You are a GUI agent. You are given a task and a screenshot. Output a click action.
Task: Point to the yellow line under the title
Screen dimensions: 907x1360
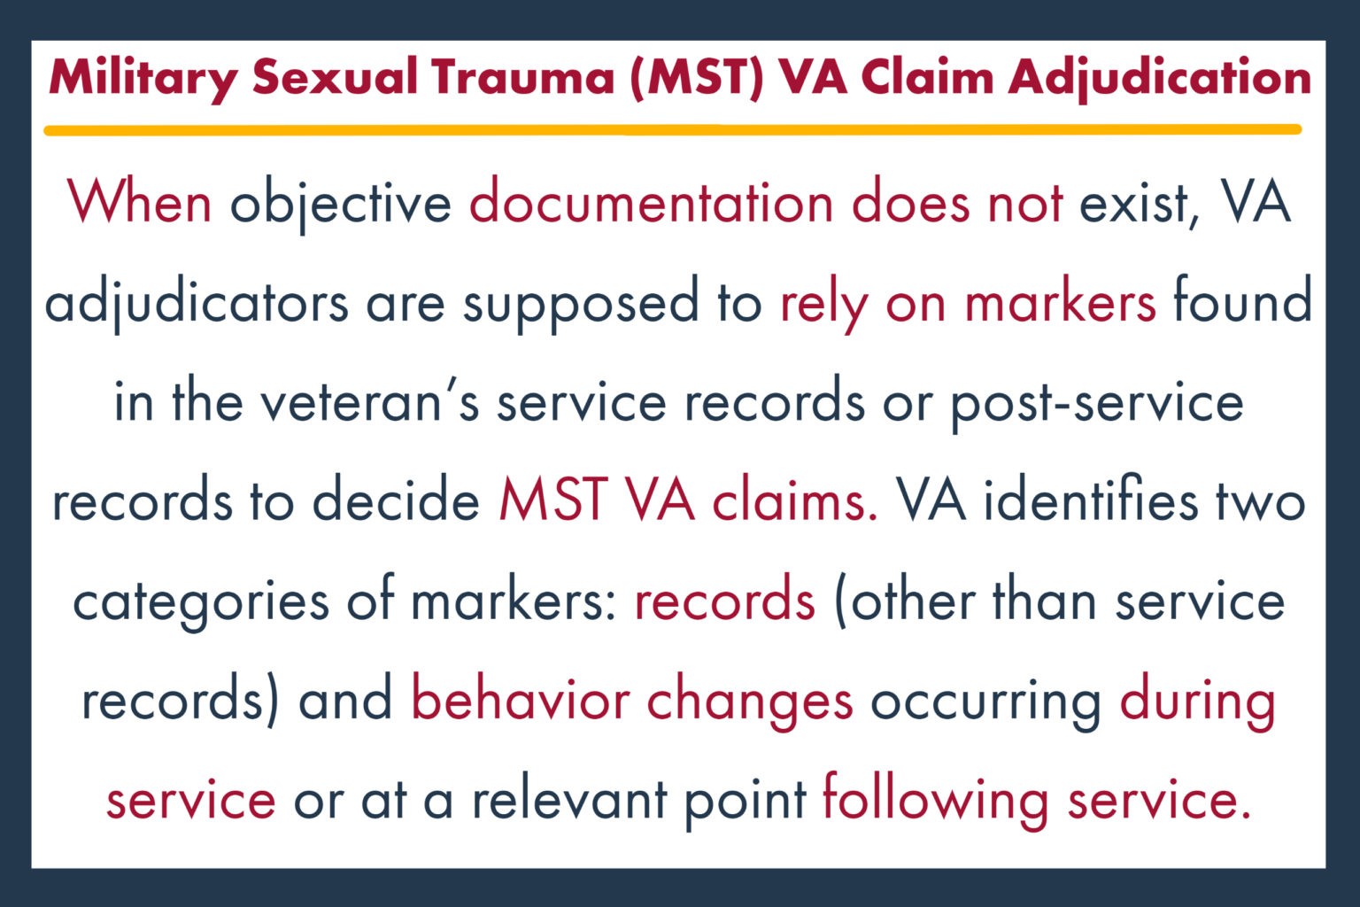(673, 130)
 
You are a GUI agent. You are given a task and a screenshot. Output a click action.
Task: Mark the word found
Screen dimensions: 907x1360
(1242, 302)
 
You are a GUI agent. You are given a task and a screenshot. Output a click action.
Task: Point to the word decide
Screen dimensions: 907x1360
(396, 501)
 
